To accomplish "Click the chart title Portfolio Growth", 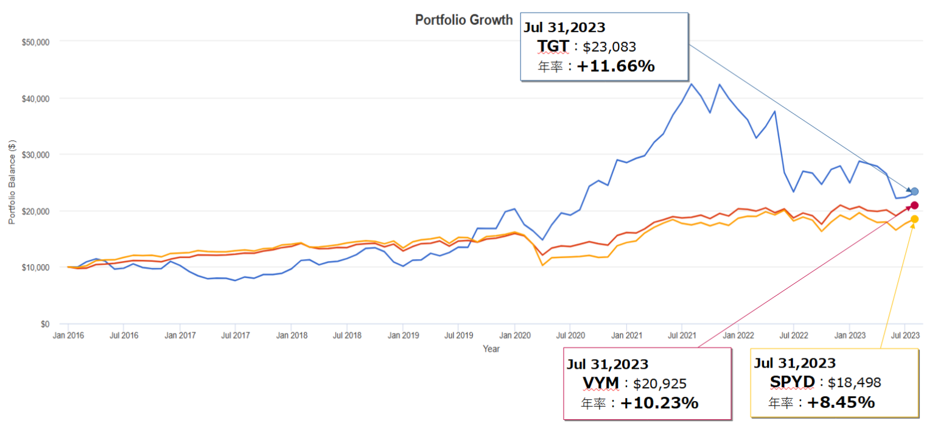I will tap(464, 20).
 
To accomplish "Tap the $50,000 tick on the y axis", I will tap(37, 42).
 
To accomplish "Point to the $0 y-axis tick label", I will tap(45, 324).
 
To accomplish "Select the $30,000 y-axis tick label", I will tap(37, 155).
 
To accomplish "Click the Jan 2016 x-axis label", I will tap(68, 335).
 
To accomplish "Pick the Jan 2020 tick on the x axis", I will tap(515, 335).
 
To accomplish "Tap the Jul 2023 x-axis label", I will tap(905, 335).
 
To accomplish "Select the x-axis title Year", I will tap(491, 349).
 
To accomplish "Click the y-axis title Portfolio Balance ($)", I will tap(12, 181).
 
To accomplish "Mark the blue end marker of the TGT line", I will tap(914, 192).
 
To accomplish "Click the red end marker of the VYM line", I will tap(914, 205).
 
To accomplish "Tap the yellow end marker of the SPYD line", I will tap(914, 219).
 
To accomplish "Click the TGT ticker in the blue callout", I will tap(553, 46).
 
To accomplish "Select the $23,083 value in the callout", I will tap(609, 47).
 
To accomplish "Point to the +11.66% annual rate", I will tap(615, 66).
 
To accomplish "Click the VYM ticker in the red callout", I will tap(600, 383).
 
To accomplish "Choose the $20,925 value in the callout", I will tap(660, 384).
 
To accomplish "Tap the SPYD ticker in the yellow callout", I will tap(792, 382).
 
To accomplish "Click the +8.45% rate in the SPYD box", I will tap(841, 402).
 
